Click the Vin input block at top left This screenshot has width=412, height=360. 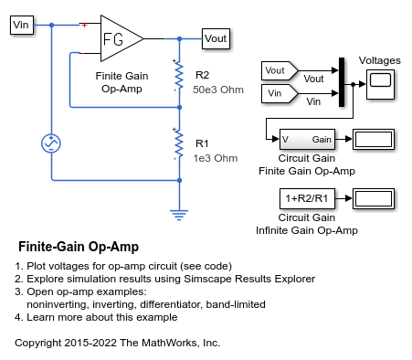pos(21,25)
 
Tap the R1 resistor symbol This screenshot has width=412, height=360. pos(179,146)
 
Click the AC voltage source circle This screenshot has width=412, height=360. pos(52,143)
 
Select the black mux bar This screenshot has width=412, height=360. pos(342,80)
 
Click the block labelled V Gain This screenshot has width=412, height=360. pos(306,139)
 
